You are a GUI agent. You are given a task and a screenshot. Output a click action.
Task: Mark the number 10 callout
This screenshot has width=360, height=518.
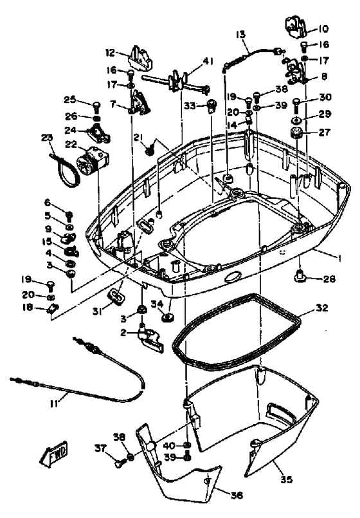tap(322, 28)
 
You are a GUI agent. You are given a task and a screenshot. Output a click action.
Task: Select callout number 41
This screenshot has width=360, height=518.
tap(207, 60)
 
